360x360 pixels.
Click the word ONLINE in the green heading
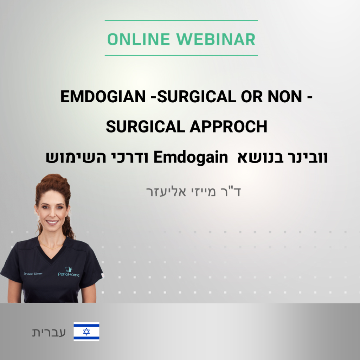(x=139, y=39)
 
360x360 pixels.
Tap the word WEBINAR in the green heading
(x=216, y=39)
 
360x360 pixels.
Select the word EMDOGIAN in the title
(x=103, y=96)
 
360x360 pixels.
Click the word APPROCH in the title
(x=229, y=127)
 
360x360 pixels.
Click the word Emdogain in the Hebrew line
(x=191, y=157)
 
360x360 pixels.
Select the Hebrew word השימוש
(x=76, y=158)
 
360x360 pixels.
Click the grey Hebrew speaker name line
(x=194, y=192)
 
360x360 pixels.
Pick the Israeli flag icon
(x=86, y=332)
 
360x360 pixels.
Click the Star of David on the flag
(x=86, y=332)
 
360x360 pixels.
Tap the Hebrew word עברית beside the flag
(x=49, y=332)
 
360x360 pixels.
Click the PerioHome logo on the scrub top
(x=69, y=272)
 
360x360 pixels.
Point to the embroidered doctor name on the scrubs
(x=33, y=274)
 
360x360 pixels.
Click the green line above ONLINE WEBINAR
(x=181, y=20)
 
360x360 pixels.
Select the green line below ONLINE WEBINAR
(x=181, y=56)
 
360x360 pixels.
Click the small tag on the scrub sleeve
(x=103, y=276)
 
